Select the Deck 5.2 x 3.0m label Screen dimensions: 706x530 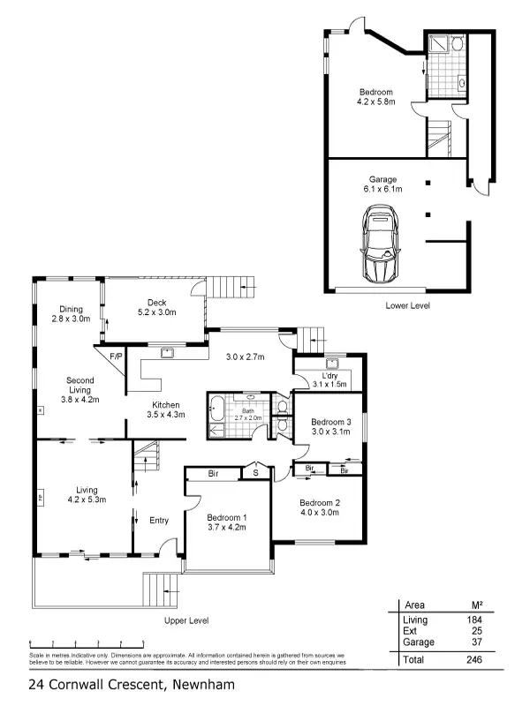(x=156, y=308)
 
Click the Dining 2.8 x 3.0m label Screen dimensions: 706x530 (x=71, y=313)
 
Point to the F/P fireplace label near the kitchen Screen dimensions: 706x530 (x=115, y=357)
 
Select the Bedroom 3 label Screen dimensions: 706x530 (x=330, y=426)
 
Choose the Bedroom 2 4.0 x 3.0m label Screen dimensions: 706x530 (x=319, y=507)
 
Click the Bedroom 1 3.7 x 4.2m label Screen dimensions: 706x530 (x=226, y=522)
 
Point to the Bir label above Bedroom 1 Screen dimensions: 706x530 (x=213, y=474)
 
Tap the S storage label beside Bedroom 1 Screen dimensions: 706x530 (x=256, y=474)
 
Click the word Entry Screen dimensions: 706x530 (x=158, y=520)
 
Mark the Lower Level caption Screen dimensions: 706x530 (x=407, y=305)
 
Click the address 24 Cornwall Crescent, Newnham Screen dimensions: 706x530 (x=132, y=684)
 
